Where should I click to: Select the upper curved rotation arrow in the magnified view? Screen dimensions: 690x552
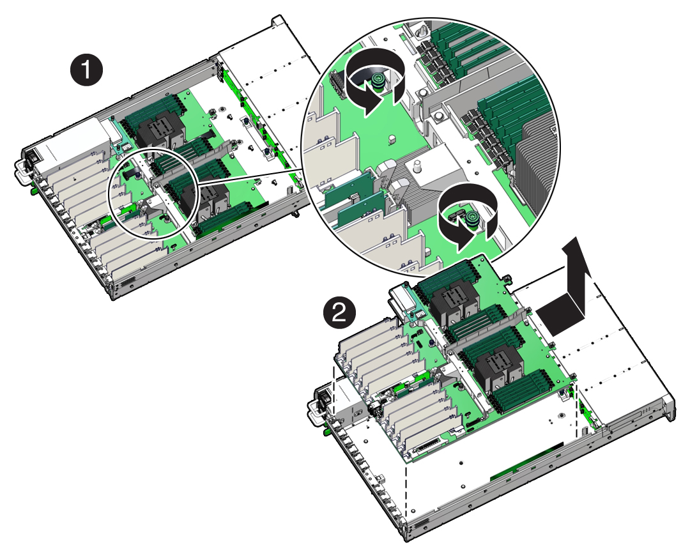pos(374,80)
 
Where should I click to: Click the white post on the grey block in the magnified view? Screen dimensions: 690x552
pos(417,167)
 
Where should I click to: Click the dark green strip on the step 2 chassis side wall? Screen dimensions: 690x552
pos(526,460)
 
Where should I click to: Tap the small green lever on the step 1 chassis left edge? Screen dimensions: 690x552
pos(33,191)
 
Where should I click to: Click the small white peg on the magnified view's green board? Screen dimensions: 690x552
pos(392,139)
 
